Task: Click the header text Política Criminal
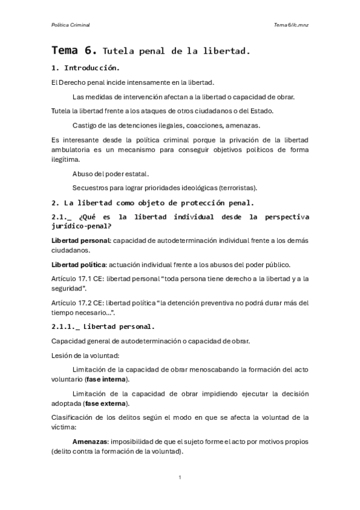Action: tap(70, 25)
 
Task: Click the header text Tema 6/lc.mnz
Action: tap(291, 25)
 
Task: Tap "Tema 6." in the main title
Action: tap(75, 51)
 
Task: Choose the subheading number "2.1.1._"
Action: tap(65, 327)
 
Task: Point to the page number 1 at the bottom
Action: tap(180, 477)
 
